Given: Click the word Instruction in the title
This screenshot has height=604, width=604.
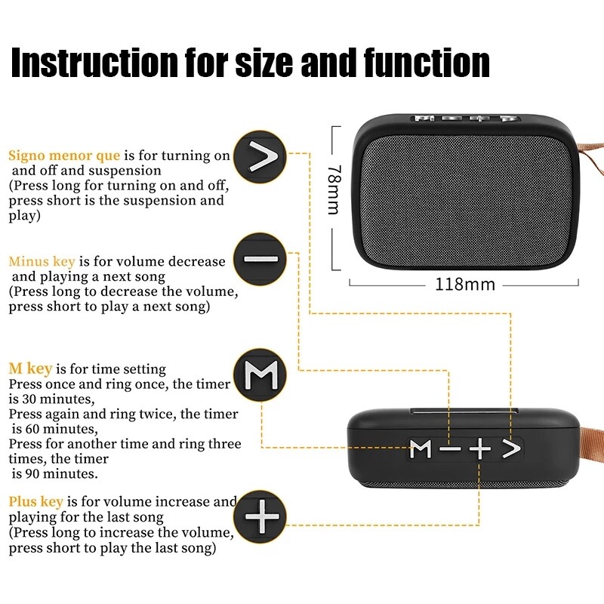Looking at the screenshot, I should tap(90, 63).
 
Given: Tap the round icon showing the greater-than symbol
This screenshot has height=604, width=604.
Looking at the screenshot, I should tap(260, 157).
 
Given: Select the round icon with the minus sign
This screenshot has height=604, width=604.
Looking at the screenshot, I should tap(260, 259).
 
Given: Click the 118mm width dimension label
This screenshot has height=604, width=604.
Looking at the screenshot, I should tap(464, 285).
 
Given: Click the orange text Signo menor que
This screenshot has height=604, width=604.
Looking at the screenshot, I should tap(64, 156).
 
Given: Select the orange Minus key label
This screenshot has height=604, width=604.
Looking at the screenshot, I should tap(42, 261).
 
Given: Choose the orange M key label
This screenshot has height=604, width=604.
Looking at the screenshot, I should tap(30, 369).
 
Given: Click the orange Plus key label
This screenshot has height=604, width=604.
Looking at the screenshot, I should tap(35, 502).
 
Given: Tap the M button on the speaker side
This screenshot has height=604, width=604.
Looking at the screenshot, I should tap(421, 449).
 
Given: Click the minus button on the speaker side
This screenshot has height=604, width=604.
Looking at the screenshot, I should tap(450, 449).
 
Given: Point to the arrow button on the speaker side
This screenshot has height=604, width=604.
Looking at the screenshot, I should tap(512, 449).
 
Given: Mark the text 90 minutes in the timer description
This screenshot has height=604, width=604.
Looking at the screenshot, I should tap(57, 474).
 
